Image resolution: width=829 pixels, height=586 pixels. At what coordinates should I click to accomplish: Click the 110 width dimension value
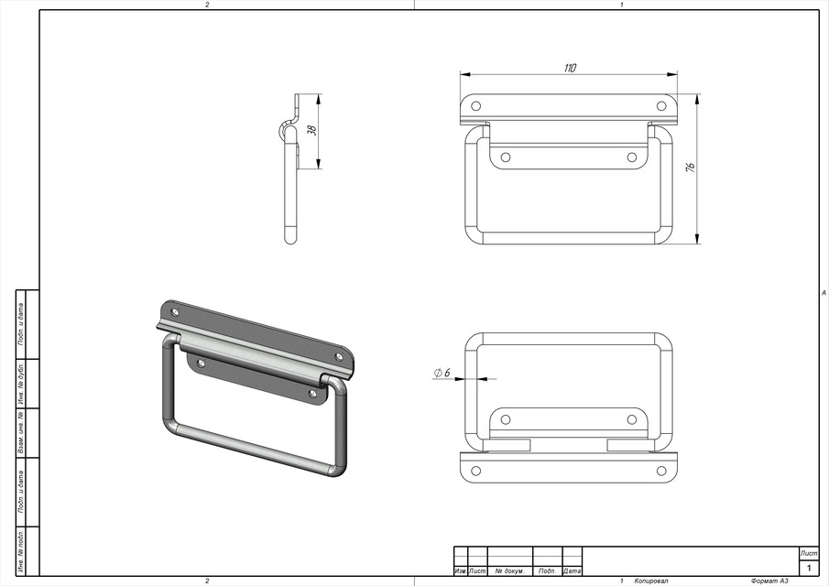(571, 69)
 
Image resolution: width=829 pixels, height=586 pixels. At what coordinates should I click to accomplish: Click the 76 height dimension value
(691, 168)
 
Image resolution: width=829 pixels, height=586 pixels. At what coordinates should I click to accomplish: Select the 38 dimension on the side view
(311, 131)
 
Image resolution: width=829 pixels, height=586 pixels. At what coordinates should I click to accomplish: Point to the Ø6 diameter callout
(442, 373)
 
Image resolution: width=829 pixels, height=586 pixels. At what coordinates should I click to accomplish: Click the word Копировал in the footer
(651, 581)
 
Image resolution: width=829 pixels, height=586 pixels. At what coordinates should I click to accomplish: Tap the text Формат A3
(769, 581)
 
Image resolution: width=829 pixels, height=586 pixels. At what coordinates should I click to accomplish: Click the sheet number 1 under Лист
(809, 569)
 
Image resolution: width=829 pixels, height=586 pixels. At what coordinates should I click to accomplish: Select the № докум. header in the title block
(509, 571)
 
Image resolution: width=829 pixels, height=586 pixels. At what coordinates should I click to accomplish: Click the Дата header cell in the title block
(573, 571)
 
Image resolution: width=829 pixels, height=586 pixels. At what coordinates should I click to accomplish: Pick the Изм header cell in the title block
(460, 571)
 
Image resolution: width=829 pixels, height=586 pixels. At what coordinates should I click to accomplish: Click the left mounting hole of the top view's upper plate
(475, 106)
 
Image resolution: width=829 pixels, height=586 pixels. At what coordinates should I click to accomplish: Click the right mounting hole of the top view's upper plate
(661, 106)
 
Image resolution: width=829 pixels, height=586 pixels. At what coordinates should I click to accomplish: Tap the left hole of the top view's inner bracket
(505, 157)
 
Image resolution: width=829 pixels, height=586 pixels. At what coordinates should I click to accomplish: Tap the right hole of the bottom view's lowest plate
(661, 471)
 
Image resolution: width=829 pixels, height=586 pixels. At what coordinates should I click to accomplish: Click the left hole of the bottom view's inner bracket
(505, 419)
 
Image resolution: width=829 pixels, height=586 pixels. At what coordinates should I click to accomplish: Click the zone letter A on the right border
(824, 293)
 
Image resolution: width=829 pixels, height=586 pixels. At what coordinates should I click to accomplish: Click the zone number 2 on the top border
(207, 5)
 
